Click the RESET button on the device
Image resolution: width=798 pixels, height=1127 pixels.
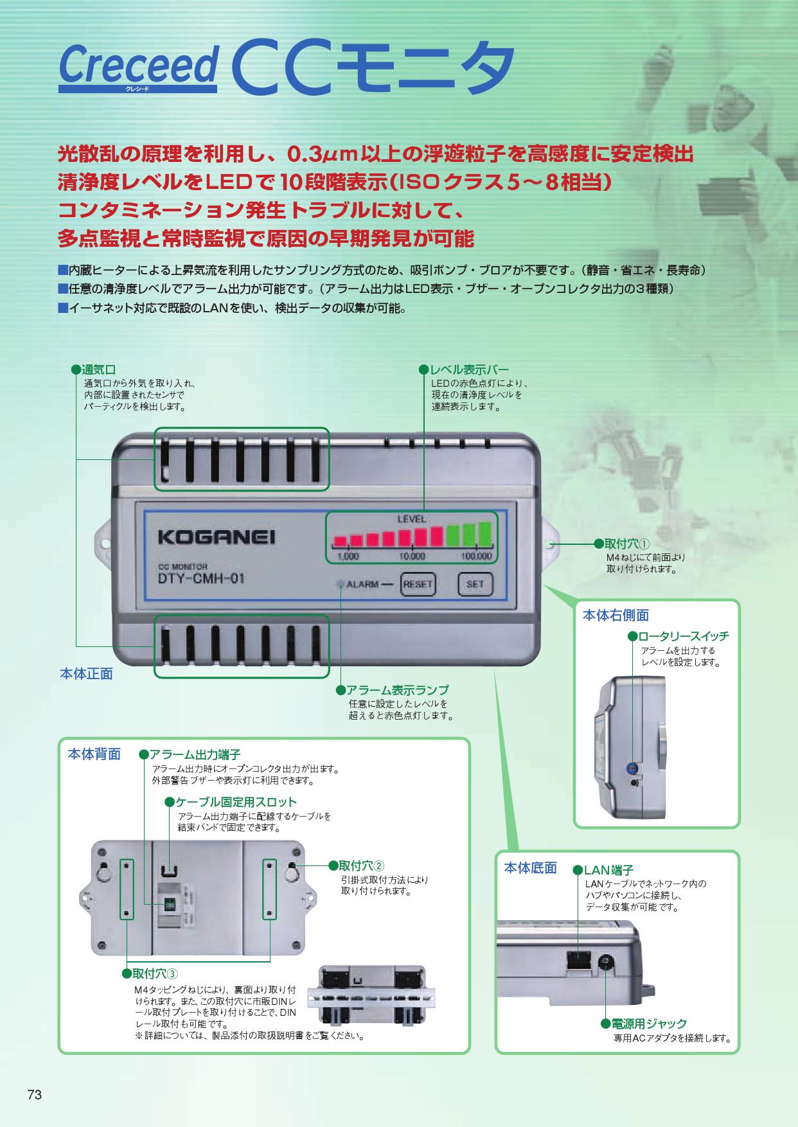click(418, 585)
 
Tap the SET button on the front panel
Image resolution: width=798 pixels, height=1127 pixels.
click(475, 585)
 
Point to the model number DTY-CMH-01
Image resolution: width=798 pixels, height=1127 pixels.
click(201, 578)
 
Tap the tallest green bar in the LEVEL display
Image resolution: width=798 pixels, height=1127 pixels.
click(484, 533)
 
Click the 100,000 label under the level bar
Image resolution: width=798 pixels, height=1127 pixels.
click(476, 556)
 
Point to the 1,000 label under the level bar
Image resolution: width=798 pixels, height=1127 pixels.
click(348, 556)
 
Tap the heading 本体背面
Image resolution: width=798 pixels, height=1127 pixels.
click(94, 754)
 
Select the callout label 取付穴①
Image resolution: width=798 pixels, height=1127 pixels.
click(628, 544)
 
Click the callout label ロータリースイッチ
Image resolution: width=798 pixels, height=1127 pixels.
click(683, 636)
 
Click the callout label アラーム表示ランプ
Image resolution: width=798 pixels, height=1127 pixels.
click(398, 690)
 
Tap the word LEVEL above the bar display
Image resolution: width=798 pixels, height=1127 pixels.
click(411, 519)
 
